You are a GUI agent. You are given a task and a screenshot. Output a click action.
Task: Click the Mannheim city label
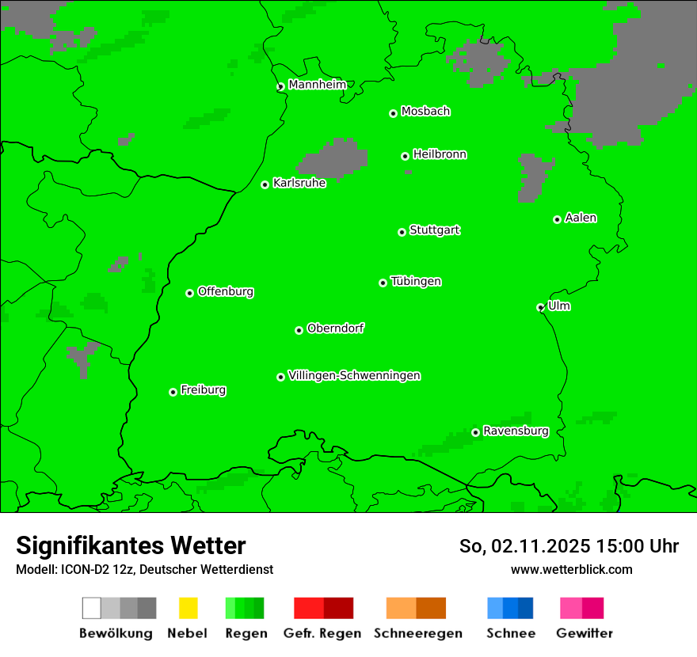(x=317, y=85)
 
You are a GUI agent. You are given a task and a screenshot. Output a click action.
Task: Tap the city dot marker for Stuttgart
(x=402, y=232)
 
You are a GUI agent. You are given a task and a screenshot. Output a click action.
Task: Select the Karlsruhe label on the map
(x=299, y=183)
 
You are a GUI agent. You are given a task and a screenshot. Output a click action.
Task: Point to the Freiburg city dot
(x=173, y=392)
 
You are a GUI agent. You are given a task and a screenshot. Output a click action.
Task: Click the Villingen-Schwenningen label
(x=354, y=375)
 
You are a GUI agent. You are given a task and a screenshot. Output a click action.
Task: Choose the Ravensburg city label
(x=516, y=431)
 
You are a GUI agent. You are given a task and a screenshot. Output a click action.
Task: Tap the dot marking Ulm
(x=540, y=307)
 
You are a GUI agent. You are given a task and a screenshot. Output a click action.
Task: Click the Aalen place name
(x=581, y=218)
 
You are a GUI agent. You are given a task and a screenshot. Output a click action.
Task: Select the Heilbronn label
(x=440, y=154)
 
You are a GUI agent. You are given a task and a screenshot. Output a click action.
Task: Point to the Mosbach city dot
(x=393, y=113)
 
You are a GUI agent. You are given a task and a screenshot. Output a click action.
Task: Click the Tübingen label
(x=416, y=281)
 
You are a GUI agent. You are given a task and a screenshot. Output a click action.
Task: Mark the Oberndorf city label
(x=335, y=328)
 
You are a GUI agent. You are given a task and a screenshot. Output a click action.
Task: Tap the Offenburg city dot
(x=189, y=293)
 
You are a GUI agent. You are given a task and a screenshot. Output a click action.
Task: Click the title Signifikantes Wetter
(x=131, y=545)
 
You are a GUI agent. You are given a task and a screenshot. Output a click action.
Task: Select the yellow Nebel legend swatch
(x=188, y=608)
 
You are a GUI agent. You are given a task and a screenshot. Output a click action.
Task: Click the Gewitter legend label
(x=585, y=633)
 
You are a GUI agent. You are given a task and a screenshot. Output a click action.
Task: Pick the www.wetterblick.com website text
(x=571, y=569)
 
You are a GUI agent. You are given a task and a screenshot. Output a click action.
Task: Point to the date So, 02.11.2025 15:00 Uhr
(x=569, y=546)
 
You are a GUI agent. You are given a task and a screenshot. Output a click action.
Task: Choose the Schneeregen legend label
(x=417, y=633)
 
